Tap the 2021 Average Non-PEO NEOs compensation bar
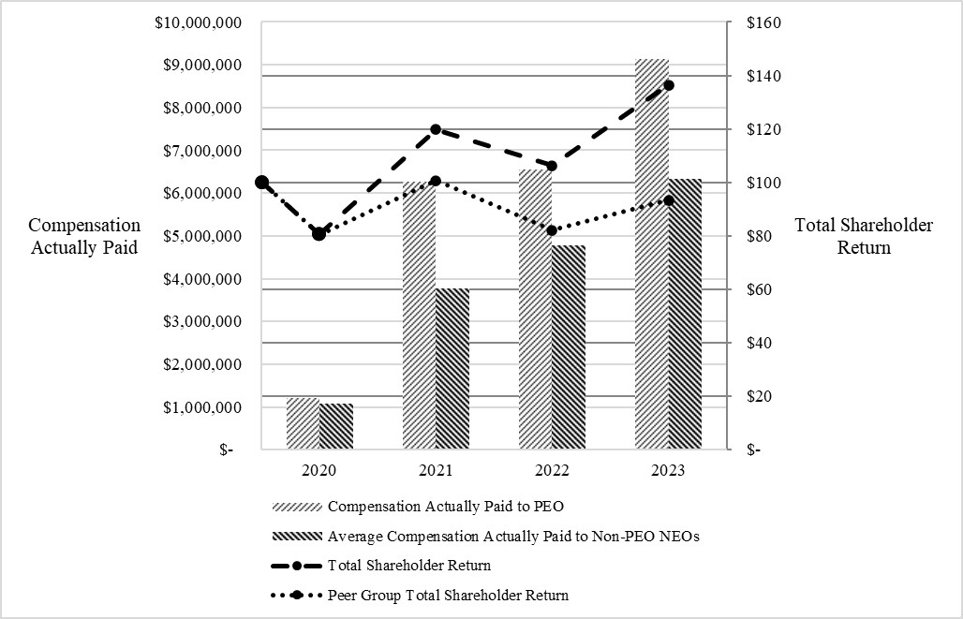(x=452, y=369)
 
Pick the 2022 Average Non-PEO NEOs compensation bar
(x=568, y=347)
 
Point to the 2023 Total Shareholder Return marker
(x=669, y=85)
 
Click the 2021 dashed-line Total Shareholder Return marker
(x=436, y=129)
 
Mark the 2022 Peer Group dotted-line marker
(x=552, y=230)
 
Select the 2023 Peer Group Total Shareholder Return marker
(x=668, y=200)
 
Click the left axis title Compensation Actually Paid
(x=84, y=236)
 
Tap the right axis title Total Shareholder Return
(x=863, y=236)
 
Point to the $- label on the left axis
(x=226, y=450)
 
